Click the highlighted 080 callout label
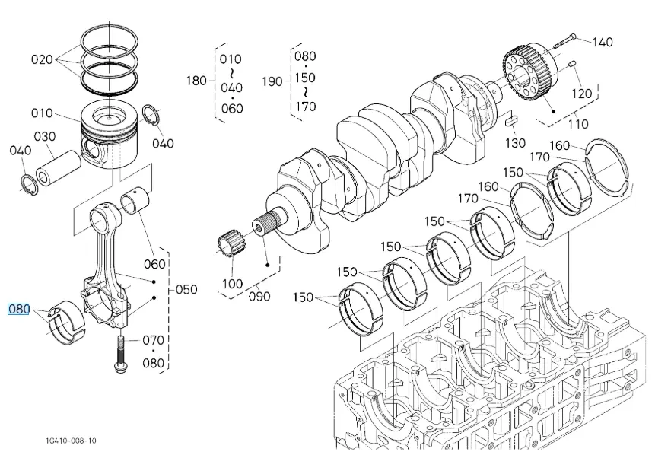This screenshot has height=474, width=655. pyautogui.click(x=18, y=310)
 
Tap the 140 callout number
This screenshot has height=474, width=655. pyautogui.click(x=602, y=42)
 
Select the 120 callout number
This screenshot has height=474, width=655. pyautogui.click(x=581, y=94)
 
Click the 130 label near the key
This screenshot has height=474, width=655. pyautogui.click(x=516, y=143)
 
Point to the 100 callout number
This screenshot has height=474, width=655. pyautogui.click(x=231, y=284)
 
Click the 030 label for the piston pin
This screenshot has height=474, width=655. pyautogui.click(x=45, y=136)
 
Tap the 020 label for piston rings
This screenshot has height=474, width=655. pyautogui.click(x=42, y=59)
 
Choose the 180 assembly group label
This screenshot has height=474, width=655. pyautogui.click(x=196, y=81)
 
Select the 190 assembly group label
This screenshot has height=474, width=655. pyautogui.click(x=272, y=81)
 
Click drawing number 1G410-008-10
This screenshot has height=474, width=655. pyautogui.click(x=70, y=441)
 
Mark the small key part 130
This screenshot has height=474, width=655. pyautogui.click(x=510, y=119)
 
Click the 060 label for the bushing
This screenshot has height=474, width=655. pyautogui.click(x=154, y=263)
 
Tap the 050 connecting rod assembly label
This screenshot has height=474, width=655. pyautogui.click(x=186, y=289)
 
